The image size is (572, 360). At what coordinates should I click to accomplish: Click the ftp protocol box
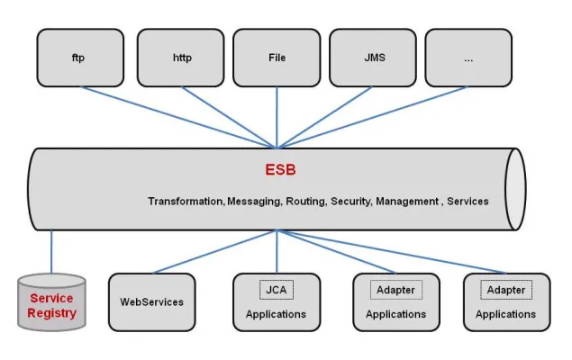[80, 58]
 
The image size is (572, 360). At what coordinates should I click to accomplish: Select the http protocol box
[182, 58]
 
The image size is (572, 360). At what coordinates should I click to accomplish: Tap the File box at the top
[277, 58]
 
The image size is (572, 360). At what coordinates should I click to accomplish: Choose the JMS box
[375, 58]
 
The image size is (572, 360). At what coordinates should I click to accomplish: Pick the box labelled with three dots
[468, 58]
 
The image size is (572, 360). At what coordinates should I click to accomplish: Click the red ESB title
[279, 169]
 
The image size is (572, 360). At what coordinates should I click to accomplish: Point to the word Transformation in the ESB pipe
[186, 202]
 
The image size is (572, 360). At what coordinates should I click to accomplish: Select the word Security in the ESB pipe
[350, 202]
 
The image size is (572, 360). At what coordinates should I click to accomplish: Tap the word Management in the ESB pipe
[406, 202]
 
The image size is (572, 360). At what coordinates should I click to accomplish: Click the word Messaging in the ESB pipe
[253, 202]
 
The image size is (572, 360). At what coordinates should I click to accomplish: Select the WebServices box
[151, 302]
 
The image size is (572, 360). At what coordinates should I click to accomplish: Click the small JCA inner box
[277, 290]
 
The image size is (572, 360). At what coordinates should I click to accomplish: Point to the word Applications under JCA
[277, 315]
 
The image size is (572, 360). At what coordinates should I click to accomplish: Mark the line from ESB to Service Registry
[51, 253]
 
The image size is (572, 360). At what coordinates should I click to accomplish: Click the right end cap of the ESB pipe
[514, 188]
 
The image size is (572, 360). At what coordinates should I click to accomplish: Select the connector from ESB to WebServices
[216, 251]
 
